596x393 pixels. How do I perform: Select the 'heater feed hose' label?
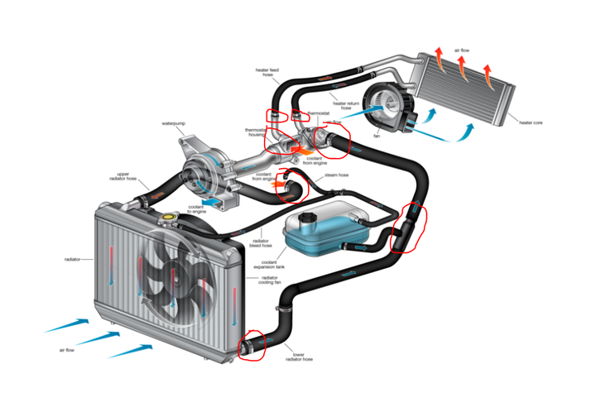click(x=267, y=77)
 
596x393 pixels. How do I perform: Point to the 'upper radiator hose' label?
click(x=122, y=176)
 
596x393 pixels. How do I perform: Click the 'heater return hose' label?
click(x=347, y=104)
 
